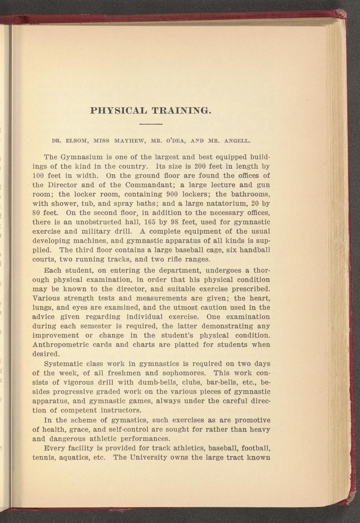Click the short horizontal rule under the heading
[151, 124]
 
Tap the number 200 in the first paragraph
[200, 166]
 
